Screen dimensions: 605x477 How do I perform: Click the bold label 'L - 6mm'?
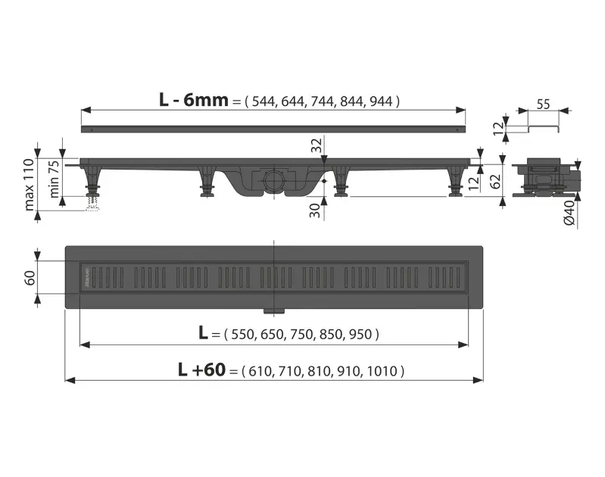click(194, 100)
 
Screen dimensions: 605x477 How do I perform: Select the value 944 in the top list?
click(381, 101)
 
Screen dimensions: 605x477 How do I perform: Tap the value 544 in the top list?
click(264, 101)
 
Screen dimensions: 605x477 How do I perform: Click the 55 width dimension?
click(543, 104)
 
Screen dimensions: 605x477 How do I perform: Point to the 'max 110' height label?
click(30, 185)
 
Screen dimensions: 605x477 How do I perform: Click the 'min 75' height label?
click(54, 179)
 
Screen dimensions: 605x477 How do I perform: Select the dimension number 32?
click(317, 145)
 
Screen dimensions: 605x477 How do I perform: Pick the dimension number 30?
click(315, 210)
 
